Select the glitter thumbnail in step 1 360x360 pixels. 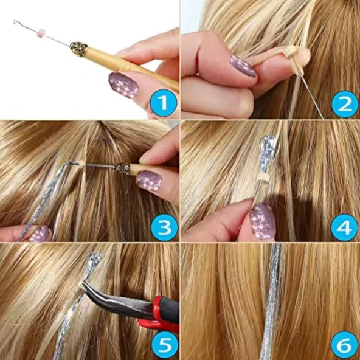(123, 85)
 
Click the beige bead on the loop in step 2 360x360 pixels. (297, 62)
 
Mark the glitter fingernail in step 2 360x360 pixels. (243, 66)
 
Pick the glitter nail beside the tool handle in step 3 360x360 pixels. (148, 181)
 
